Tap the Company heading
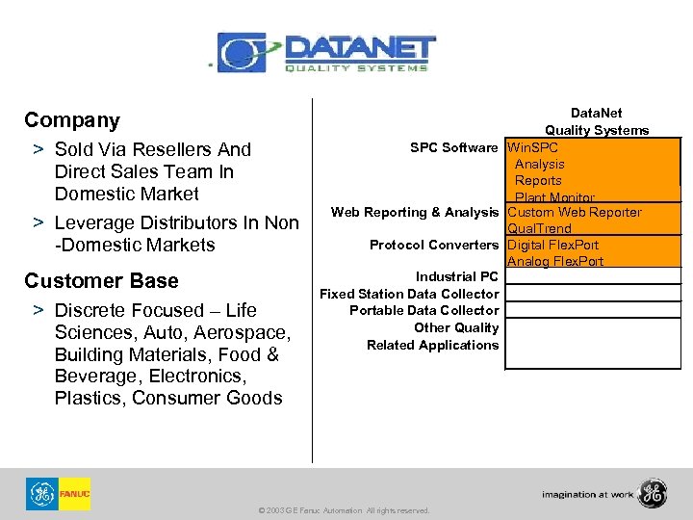click(x=72, y=120)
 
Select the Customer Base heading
click(x=101, y=281)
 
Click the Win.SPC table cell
click(x=532, y=148)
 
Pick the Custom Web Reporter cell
click(x=574, y=213)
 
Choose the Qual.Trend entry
click(x=539, y=229)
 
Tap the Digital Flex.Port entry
click(x=552, y=246)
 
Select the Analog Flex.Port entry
click(x=555, y=262)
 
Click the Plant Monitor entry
click(x=554, y=197)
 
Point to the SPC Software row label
click(x=454, y=148)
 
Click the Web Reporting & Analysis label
click(x=415, y=213)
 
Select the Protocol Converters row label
click(x=434, y=246)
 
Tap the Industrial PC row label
click(x=457, y=277)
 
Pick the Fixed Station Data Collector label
click(x=409, y=294)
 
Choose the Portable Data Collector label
click(x=423, y=310)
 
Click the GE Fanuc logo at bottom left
click(x=58, y=494)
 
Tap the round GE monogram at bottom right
click(x=652, y=493)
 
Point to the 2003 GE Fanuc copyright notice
click(x=345, y=510)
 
